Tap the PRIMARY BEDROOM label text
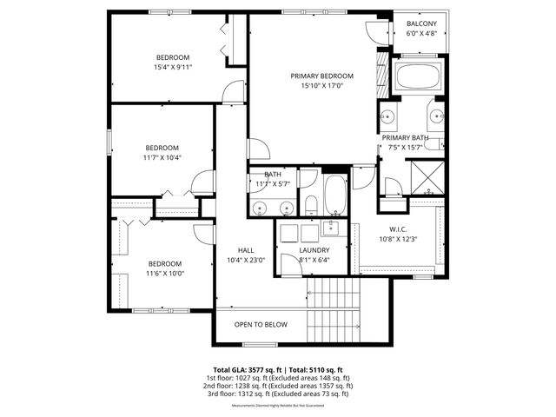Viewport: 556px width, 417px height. [x=322, y=76]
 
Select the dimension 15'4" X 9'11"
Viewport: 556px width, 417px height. [x=172, y=66]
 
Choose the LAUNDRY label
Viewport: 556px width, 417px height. [x=314, y=250]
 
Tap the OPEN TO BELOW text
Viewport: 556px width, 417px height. [x=261, y=325]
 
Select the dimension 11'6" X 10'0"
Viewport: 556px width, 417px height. [x=165, y=273]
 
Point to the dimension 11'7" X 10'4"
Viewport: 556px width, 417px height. [x=162, y=157]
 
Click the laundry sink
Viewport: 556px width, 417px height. [x=330, y=228]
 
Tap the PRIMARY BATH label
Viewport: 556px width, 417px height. [x=406, y=138]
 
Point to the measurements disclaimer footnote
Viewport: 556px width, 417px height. [x=277, y=406]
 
